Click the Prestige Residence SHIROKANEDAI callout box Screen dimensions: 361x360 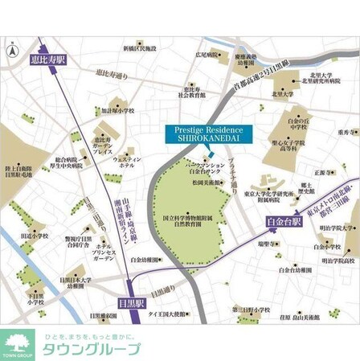coord(208,134)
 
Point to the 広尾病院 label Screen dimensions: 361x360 coord(207,56)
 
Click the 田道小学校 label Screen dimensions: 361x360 coord(35,236)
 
